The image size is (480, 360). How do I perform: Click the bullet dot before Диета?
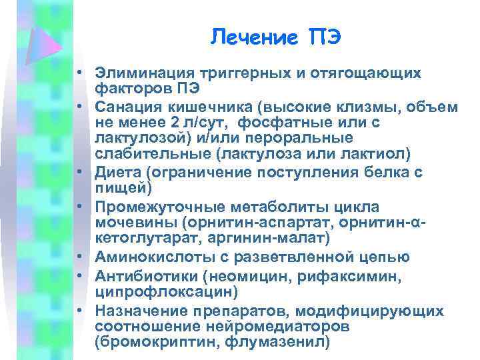coord(79,172)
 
